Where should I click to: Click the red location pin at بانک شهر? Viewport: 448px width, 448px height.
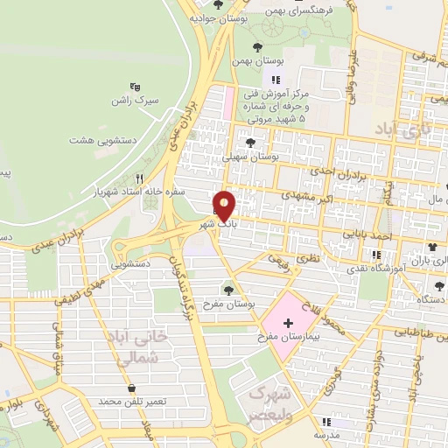click(x=225, y=206)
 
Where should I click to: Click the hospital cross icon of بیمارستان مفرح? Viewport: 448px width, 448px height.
click(x=288, y=323)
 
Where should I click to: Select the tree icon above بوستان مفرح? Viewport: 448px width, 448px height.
click(x=229, y=290)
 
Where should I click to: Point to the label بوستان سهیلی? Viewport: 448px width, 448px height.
click(x=249, y=157)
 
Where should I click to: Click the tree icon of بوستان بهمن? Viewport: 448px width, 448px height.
click(x=256, y=47)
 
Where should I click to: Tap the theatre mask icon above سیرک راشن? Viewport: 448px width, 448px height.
click(x=135, y=87)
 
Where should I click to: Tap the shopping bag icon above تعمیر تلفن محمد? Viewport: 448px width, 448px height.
click(x=131, y=388)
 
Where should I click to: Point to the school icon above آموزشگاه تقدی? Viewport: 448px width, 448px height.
click(x=376, y=255)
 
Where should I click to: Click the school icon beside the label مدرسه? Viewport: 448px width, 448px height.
click(x=325, y=421)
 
